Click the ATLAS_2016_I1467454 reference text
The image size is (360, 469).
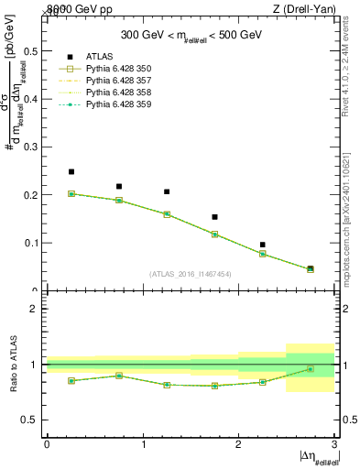[x=191, y=274]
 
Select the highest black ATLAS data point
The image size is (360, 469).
[x=71, y=171]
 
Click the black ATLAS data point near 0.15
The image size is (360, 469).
[x=214, y=217]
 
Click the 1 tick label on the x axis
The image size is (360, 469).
[x=143, y=444]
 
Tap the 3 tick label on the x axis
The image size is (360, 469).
[x=334, y=444]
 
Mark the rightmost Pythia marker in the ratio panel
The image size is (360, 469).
[x=310, y=369]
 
